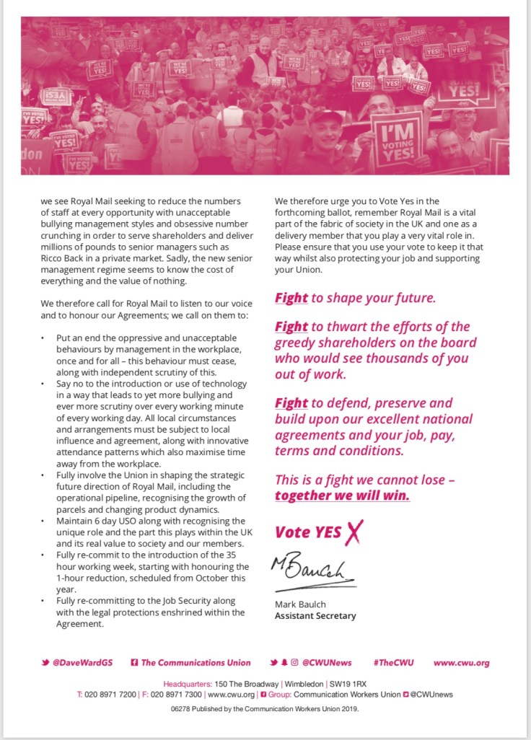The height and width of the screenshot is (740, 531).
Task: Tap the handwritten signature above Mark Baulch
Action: point(313,570)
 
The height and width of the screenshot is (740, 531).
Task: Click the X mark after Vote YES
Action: point(352,532)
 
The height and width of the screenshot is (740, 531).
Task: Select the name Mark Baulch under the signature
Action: point(299,604)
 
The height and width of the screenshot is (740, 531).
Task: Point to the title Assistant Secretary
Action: point(315,616)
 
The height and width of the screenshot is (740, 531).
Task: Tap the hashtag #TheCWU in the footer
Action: point(394,662)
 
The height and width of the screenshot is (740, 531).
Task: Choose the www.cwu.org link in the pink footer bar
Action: point(462,662)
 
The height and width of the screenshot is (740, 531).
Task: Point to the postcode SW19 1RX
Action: point(347,682)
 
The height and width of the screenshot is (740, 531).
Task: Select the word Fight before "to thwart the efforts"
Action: point(291,327)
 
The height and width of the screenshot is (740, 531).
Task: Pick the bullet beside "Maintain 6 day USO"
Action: point(44,521)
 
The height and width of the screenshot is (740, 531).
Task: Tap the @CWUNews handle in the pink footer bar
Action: point(328,662)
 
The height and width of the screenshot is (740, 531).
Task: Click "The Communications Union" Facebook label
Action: point(196,662)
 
